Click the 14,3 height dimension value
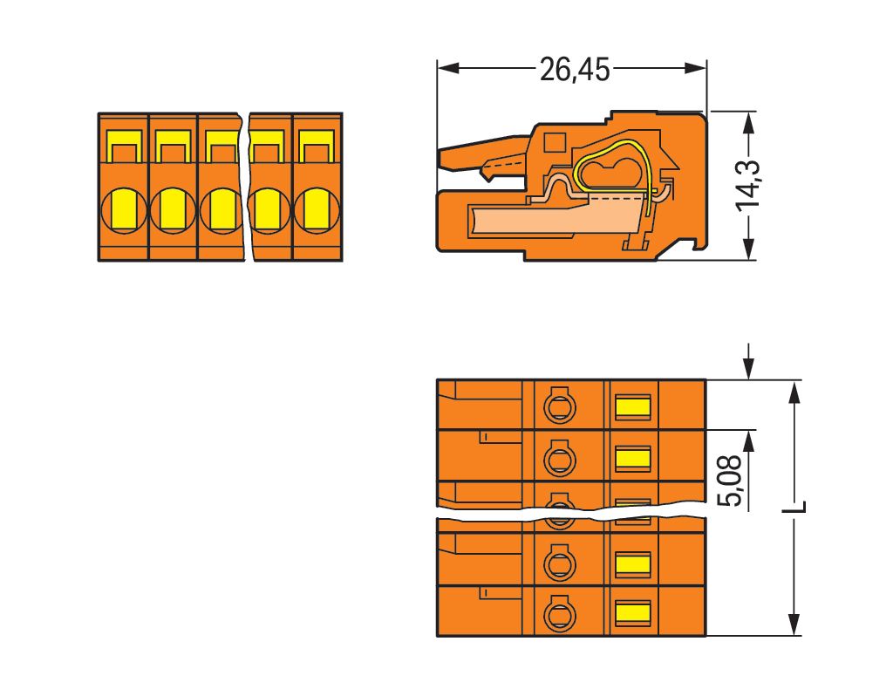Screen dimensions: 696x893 tap(748, 185)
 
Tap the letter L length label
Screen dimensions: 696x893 tap(798, 507)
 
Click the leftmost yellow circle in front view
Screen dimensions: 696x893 tap(123, 209)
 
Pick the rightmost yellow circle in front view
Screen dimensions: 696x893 tap(316, 209)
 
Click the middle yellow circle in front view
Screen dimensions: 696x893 tap(220, 209)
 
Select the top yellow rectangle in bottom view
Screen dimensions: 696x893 tap(633, 406)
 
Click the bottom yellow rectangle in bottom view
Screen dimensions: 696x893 tap(633, 611)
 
